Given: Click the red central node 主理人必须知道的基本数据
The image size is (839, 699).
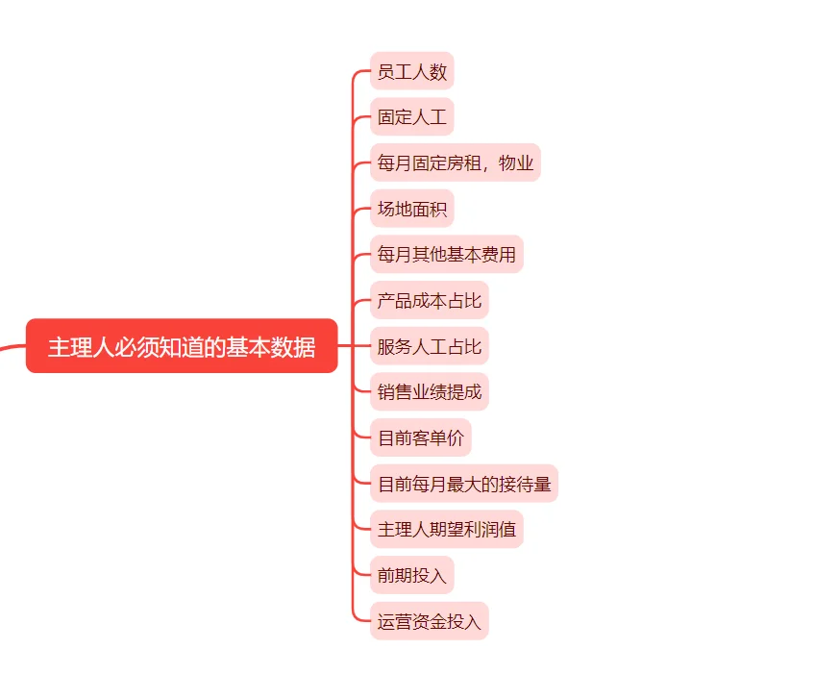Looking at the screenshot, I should [x=182, y=346].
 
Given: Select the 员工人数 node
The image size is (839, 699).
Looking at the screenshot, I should [x=411, y=72].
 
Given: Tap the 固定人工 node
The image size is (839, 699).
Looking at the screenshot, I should [x=411, y=117].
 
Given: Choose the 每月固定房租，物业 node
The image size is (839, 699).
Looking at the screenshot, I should [x=455, y=163].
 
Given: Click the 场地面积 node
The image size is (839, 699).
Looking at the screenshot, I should [x=411, y=209].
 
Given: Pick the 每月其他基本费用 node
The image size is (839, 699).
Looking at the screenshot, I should [x=446, y=255].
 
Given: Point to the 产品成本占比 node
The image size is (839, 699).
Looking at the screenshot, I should [x=429, y=301].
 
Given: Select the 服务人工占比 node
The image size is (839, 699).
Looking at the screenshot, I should [x=429, y=346].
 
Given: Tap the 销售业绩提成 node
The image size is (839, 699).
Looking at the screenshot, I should [x=429, y=392].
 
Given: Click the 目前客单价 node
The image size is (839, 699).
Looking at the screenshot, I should [x=420, y=438].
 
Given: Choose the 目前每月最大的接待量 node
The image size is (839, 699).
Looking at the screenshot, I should [x=463, y=484].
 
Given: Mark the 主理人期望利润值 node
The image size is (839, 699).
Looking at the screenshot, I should [x=446, y=530].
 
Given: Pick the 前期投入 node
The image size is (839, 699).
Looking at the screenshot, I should [x=411, y=576].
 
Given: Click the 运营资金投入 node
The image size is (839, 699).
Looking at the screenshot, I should [x=429, y=621].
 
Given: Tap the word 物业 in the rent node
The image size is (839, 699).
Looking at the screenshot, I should [x=516, y=163].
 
